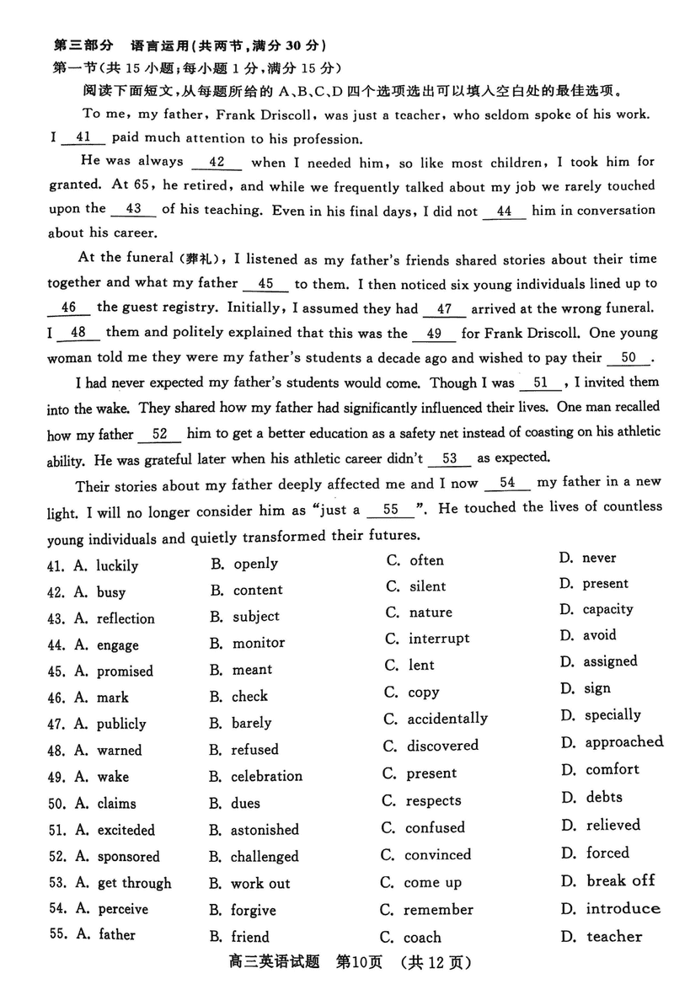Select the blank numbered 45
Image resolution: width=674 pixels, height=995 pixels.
(266, 284)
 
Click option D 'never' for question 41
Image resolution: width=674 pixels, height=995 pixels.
(598, 558)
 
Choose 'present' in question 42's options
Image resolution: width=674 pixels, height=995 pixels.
(605, 583)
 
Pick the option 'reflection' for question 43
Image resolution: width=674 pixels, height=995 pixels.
(126, 618)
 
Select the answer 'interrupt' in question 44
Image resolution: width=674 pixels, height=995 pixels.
(439, 639)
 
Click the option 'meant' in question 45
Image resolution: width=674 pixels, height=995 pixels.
(252, 670)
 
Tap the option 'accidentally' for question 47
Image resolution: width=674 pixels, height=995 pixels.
(447, 719)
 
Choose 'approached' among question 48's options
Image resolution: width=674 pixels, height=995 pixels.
(623, 742)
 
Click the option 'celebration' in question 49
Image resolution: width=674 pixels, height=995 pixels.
(266, 776)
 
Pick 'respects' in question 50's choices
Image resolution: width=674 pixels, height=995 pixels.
(433, 800)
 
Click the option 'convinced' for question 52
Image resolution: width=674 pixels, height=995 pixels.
(437, 855)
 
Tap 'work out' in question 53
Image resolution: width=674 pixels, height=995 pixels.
(260, 884)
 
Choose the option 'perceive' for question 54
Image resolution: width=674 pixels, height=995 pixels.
(123, 909)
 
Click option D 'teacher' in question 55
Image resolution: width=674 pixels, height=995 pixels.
(613, 936)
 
